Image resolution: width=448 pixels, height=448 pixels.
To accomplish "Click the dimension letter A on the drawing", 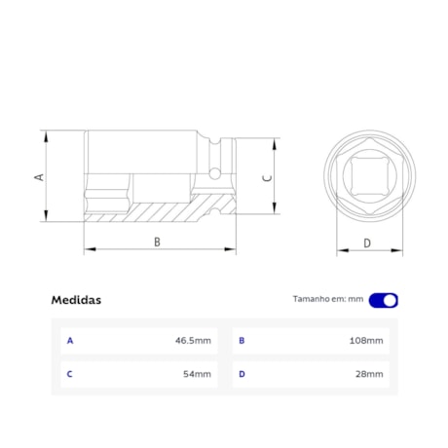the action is click(39, 177).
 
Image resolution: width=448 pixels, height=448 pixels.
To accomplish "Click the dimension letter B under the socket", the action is click(157, 242).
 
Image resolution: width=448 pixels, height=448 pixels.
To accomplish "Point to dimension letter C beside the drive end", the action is click(268, 178).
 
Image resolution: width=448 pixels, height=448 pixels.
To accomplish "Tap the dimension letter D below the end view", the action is click(367, 243).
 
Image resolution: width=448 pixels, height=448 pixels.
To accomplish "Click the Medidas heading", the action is click(76, 300).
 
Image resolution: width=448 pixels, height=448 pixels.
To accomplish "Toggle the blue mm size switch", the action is click(384, 300).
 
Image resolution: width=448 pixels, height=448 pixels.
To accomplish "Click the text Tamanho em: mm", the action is click(328, 299).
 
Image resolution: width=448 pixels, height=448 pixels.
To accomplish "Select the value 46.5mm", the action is click(193, 341).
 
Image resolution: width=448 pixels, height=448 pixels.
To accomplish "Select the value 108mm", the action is click(366, 341).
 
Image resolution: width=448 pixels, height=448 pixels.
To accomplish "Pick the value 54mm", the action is click(197, 374).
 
